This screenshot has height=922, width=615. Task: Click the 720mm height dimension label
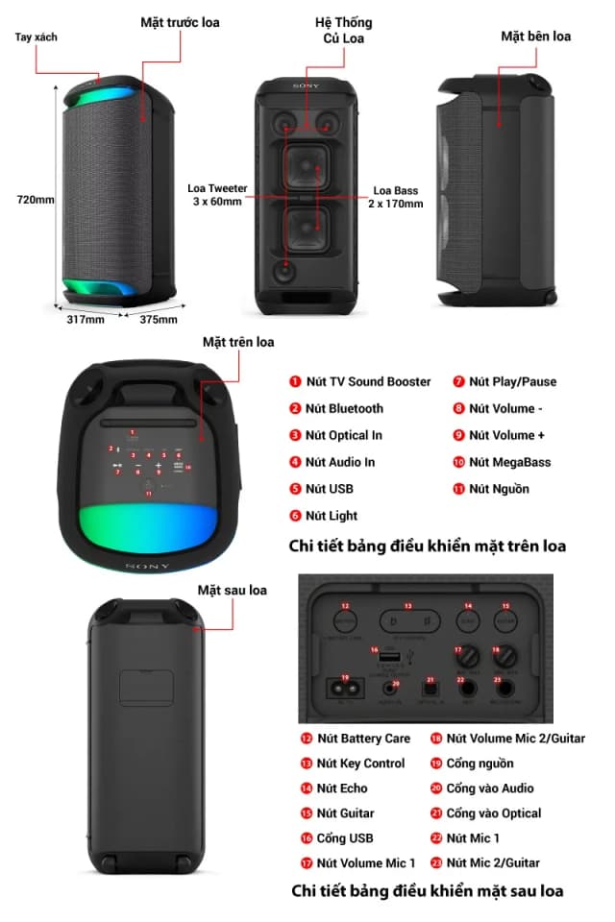36,200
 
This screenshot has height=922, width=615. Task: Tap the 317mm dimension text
85,320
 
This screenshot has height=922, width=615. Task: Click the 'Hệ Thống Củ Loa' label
343,30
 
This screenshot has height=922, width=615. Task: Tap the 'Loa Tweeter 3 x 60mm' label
215,196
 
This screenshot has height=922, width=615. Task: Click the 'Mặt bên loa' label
535,36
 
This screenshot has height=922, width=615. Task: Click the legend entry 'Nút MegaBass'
509,462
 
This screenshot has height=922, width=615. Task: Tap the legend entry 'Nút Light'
332,516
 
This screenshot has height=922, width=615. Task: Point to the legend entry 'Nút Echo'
341,789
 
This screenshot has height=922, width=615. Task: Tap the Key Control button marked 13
407,621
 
